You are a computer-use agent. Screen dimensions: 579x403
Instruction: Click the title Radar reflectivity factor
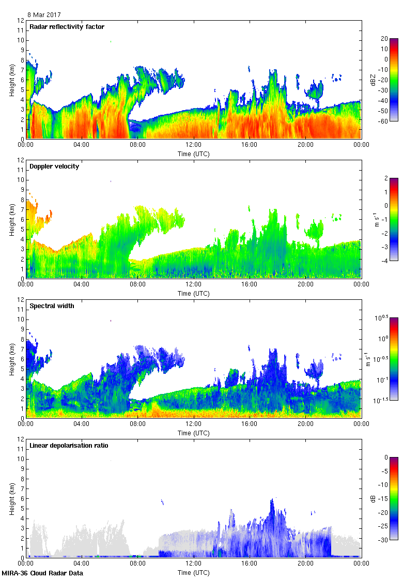pyautogui.click(x=67, y=27)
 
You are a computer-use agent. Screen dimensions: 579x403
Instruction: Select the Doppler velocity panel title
pyautogui.click(x=54, y=166)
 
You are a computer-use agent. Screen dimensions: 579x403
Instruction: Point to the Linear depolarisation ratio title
pyautogui.click(x=69, y=446)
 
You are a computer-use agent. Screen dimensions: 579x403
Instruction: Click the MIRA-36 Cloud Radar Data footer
pyautogui.click(x=42, y=573)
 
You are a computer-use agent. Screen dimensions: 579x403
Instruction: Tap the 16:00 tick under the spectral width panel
pyautogui.click(x=250, y=423)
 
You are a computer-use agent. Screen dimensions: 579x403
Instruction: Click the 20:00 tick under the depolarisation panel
pyautogui.click(x=305, y=563)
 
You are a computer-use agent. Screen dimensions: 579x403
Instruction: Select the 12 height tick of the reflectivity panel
pyautogui.click(x=21, y=21)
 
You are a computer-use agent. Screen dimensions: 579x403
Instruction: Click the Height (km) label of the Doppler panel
pyautogui.click(x=11, y=219)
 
